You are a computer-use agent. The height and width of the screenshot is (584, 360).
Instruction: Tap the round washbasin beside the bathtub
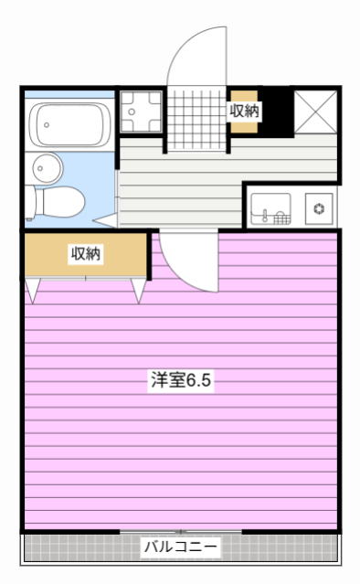point(45,166)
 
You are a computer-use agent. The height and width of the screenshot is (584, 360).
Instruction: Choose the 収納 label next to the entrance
point(244,111)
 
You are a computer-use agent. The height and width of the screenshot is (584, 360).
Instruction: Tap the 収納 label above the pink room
point(86,254)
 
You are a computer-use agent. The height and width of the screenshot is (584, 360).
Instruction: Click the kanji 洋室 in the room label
point(167,380)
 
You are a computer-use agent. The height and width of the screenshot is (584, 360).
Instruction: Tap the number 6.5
point(199,380)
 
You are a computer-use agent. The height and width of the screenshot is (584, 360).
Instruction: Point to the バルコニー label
point(180,547)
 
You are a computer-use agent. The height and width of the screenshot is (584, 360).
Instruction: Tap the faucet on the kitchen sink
point(266,217)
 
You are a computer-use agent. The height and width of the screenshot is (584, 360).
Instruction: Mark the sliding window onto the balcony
point(181,531)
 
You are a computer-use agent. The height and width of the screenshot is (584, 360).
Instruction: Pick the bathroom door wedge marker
point(110,220)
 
